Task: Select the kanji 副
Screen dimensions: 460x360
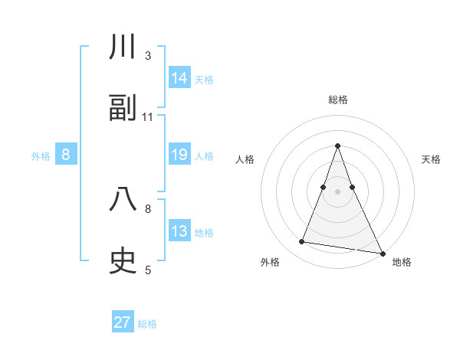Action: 123,109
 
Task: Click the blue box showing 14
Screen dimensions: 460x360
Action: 179,78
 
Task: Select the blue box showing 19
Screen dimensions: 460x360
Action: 179,155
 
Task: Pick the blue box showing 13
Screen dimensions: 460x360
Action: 179,231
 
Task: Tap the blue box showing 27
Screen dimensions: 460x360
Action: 123,322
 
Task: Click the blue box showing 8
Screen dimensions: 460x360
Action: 66,155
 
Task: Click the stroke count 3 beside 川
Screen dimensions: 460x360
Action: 148,56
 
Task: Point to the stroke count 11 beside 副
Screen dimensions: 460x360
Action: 148,117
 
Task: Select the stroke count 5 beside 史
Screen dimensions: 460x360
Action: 148,270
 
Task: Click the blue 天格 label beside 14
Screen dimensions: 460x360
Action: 204,79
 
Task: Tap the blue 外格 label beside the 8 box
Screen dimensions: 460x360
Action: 41,155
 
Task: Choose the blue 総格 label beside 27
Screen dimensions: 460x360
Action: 147,323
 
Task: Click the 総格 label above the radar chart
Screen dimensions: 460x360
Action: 337,100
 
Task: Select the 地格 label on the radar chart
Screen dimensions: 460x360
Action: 402,262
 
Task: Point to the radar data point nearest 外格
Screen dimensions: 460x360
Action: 302,242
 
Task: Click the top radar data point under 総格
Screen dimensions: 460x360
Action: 337,146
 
